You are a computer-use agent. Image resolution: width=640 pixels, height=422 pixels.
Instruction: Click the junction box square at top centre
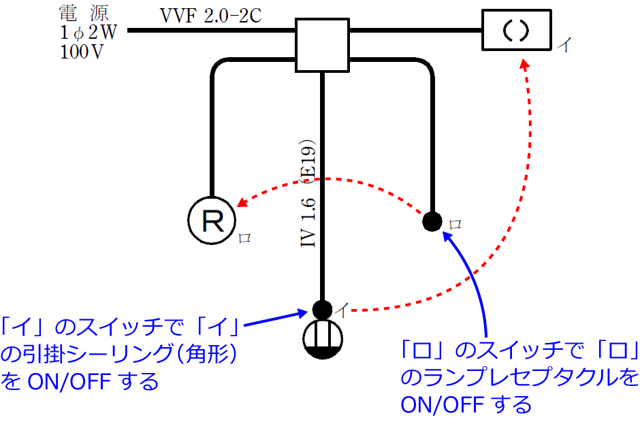click(x=323, y=45)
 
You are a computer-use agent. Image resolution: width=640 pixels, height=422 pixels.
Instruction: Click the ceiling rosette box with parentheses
click(x=515, y=31)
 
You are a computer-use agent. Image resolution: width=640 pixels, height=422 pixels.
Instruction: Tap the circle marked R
click(x=211, y=221)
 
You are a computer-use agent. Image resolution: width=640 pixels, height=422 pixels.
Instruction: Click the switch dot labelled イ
click(x=323, y=308)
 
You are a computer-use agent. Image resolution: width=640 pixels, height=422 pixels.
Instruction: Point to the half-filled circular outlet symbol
click(x=324, y=338)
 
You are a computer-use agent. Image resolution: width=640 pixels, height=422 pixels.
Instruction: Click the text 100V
click(x=81, y=53)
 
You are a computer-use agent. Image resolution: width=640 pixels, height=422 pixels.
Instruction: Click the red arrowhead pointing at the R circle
click(x=241, y=203)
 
